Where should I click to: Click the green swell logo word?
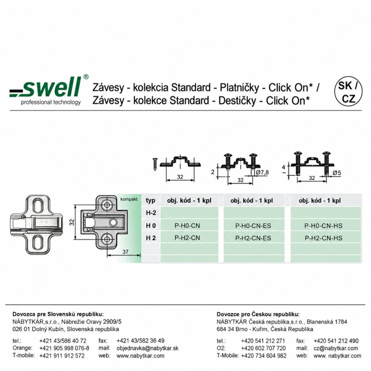click(x=52, y=87)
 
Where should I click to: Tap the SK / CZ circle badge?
click(x=348, y=91)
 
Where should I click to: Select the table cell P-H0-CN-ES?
click(x=253, y=226)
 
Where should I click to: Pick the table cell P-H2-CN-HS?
click(x=323, y=238)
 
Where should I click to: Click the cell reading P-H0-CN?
click(x=187, y=226)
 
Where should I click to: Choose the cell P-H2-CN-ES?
click(x=253, y=238)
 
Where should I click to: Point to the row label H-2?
click(x=151, y=213)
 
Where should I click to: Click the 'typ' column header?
click(x=150, y=201)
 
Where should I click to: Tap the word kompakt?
click(x=129, y=199)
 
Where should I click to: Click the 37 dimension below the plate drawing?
click(x=125, y=252)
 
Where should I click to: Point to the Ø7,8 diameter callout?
click(x=262, y=173)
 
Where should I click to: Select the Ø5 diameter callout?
click(x=337, y=173)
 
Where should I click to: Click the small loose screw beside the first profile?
click(x=155, y=164)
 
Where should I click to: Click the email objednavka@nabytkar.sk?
click(x=147, y=348)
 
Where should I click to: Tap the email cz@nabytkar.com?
click(x=336, y=348)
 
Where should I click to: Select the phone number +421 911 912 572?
click(x=62, y=356)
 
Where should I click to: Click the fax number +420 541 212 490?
click(x=336, y=341)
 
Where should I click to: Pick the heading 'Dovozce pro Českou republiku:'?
click(x=258, y=314)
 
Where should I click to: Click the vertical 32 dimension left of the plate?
click(x=72, y=223)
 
